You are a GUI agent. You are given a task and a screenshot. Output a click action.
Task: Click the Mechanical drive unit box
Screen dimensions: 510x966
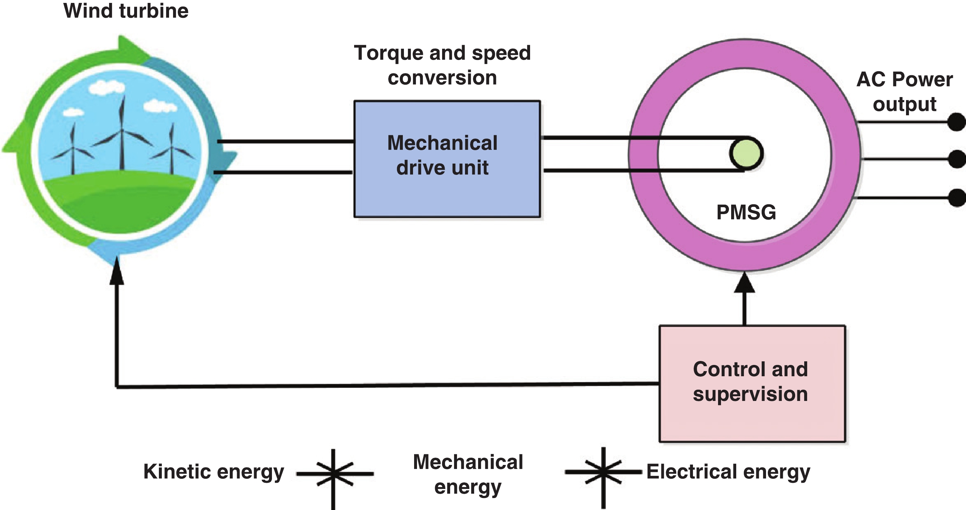point(447,158)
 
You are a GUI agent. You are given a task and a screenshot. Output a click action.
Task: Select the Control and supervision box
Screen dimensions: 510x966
point(752,383)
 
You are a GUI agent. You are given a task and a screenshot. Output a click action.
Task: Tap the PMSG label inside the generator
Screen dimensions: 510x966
point(746,212)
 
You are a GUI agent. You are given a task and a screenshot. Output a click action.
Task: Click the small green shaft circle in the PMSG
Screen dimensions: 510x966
point(746,153)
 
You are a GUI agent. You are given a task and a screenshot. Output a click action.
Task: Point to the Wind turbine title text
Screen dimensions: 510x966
point(126,11)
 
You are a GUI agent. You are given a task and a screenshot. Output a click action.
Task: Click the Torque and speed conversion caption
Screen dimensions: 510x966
point(442,65)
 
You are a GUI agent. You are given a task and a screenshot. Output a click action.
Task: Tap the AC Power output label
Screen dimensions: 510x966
point(904,92)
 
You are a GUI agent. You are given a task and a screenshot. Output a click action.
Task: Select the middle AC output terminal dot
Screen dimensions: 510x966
point(957,158)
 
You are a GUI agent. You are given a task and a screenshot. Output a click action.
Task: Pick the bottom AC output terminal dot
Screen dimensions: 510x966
point(957,198)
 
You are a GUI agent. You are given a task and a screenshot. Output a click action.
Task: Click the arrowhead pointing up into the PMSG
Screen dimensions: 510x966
point(744,283)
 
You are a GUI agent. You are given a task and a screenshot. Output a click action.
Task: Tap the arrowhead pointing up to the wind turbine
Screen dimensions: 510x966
point(117,272)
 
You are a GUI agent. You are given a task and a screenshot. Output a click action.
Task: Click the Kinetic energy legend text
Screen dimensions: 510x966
point(213,471)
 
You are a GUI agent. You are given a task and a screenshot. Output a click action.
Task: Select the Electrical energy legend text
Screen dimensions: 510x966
point(728,471)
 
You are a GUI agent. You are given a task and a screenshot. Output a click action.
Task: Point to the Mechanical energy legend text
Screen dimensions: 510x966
point(468,474)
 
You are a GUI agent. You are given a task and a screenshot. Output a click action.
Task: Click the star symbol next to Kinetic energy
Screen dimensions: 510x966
point(333,474)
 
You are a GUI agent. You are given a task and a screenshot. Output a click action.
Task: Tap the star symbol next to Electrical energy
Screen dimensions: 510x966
point(603,472)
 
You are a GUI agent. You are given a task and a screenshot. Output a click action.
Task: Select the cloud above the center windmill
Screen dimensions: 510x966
point(107,88)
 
